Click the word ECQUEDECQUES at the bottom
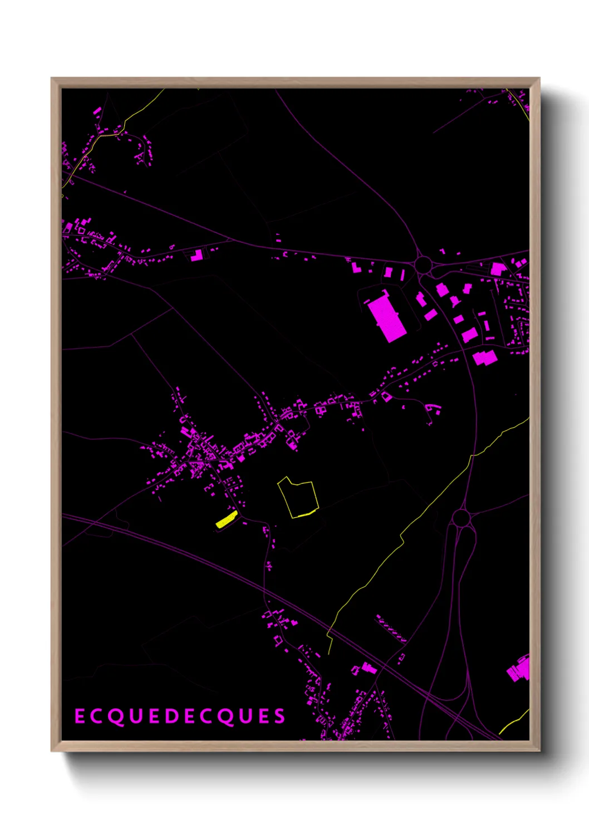coord(180,717)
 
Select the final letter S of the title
coord(279,717)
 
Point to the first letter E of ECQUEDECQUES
coord(80,717)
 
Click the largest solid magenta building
coord(386,318)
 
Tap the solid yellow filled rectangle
coord(227,520)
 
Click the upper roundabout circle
coord(423,263)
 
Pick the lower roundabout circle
coord(461,518)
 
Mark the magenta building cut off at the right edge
coord(519,669)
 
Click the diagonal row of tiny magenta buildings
coord(391,629)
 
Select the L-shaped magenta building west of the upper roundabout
coord(356,267)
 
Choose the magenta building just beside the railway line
coord(368,667)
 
